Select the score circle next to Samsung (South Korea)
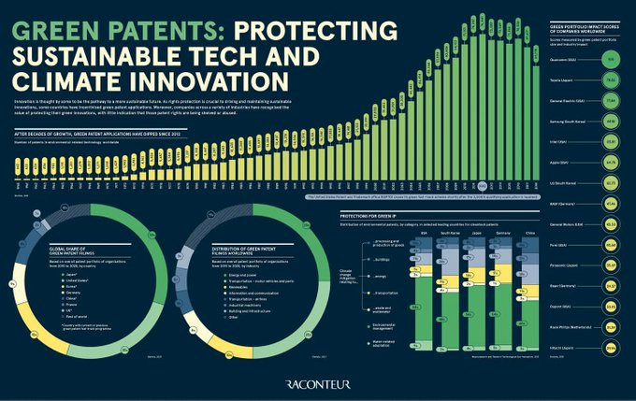point(609,121)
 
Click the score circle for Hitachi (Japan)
point(609,347)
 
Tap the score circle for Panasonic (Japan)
point(609,265)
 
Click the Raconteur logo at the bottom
point(317,381)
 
